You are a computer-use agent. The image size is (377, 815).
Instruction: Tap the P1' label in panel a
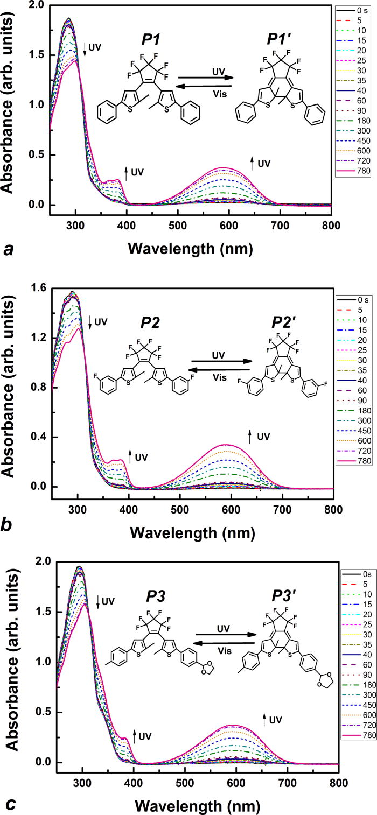(282, 41)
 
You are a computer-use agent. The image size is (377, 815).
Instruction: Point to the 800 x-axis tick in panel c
(339, 780)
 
